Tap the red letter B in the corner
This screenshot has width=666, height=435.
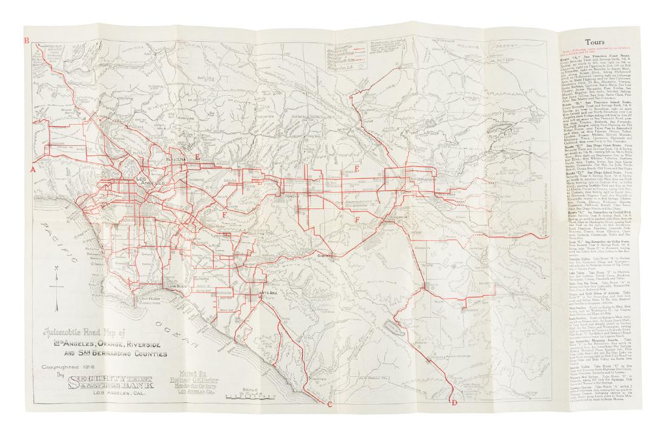[26, 41]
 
